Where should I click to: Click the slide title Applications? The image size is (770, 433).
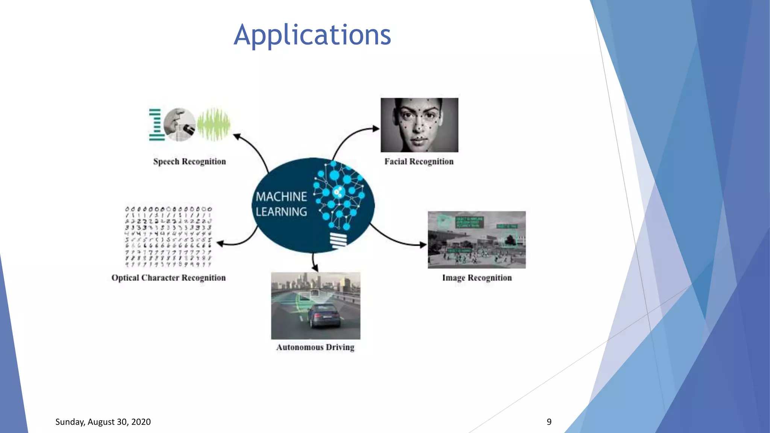312,35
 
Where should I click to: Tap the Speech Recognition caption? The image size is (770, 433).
189,162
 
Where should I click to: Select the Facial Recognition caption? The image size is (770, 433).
419,162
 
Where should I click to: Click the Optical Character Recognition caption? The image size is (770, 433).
168,278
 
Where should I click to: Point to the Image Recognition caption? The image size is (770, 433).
477,278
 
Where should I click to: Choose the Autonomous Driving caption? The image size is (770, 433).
315,347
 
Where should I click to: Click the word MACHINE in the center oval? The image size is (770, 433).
281,197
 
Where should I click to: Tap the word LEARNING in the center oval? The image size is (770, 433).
281,212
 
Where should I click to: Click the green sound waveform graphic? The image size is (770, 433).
214,124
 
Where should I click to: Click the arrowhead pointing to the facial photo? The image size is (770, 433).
376,129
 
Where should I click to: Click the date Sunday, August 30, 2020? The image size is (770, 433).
103,422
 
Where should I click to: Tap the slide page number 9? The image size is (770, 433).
549,422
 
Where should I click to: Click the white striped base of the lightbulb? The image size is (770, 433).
338,240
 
